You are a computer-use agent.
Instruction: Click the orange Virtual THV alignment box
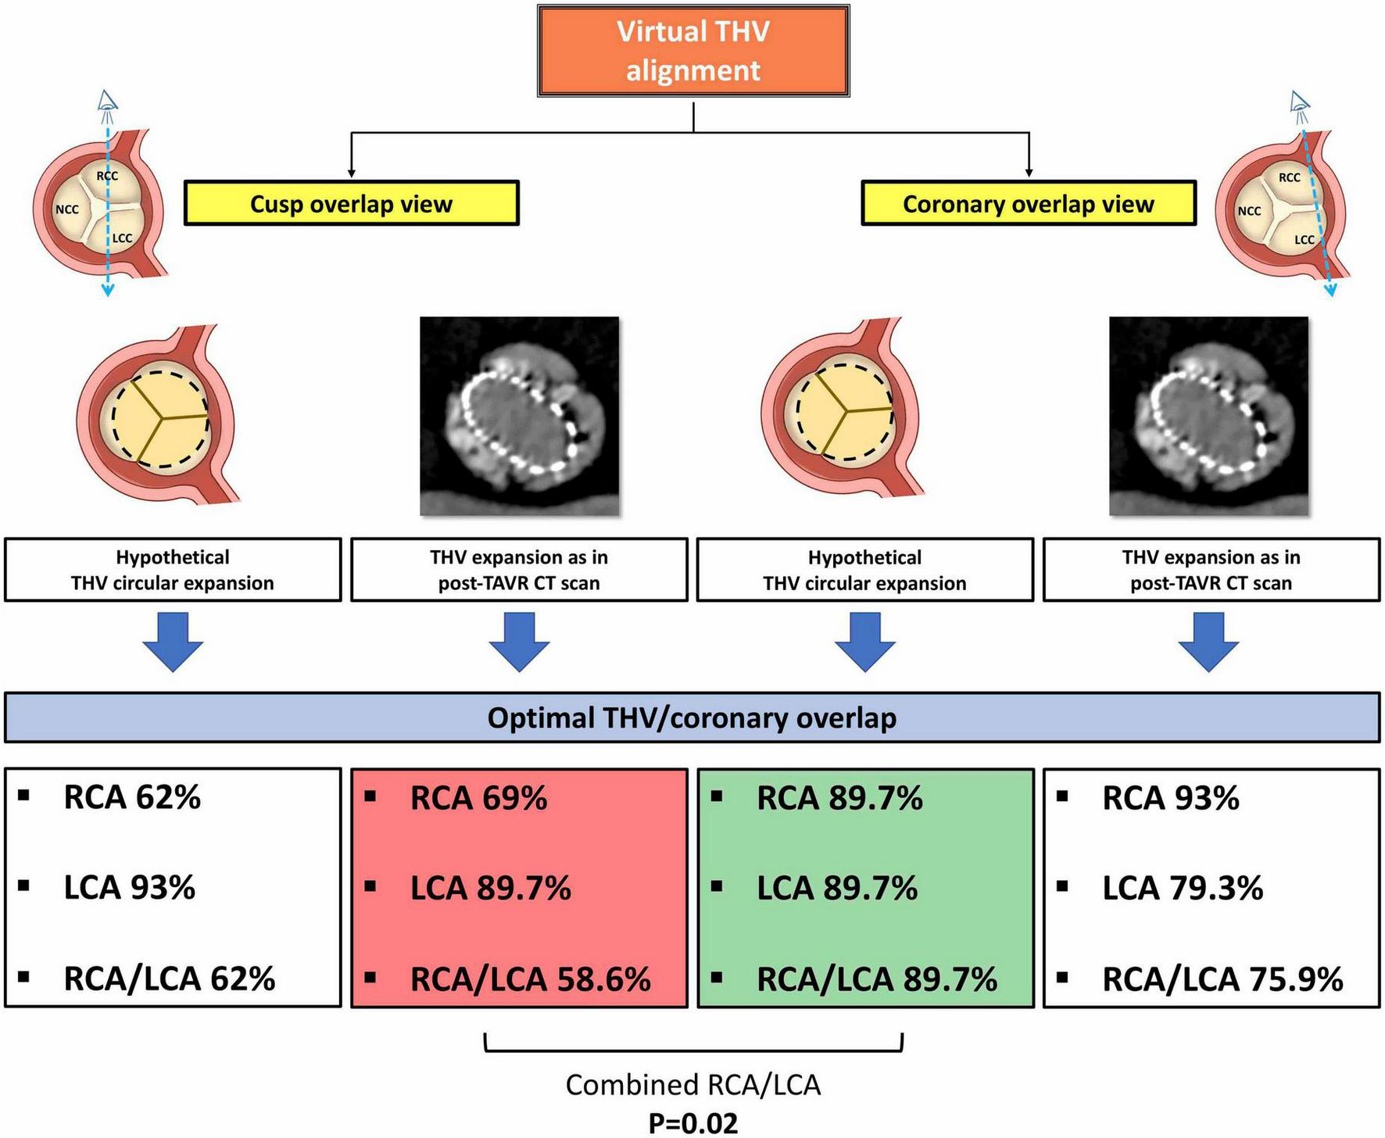pos(693,51)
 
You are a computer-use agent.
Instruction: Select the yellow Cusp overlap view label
pos(351,204)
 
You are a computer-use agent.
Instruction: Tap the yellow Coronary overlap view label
pos(1028,204)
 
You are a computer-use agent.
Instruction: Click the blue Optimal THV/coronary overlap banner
pos(692,718)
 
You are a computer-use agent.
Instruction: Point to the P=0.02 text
pos(693,1123)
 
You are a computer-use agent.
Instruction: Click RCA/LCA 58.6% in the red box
pos(530,979)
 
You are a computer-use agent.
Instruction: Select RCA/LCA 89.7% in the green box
pos(876,979)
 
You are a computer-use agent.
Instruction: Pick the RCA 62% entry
pos(132,797)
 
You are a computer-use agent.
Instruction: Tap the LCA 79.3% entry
pos(1182,889)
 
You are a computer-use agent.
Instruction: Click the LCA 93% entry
pos(130,888)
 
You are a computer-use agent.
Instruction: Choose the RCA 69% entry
pos(478,798)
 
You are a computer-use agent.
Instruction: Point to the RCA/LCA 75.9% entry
pos(1222,979)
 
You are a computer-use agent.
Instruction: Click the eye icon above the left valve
pos(107,101)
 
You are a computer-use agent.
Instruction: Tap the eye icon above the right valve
pos(1300,101)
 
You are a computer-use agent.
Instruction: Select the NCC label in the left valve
pos(66,209)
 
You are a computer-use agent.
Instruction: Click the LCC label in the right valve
pos(1304,240)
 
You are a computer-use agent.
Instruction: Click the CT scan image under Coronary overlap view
pos(1208,416)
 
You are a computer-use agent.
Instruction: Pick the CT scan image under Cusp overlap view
pos(519,416)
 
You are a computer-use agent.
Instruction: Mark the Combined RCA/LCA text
pos(693,1085)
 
